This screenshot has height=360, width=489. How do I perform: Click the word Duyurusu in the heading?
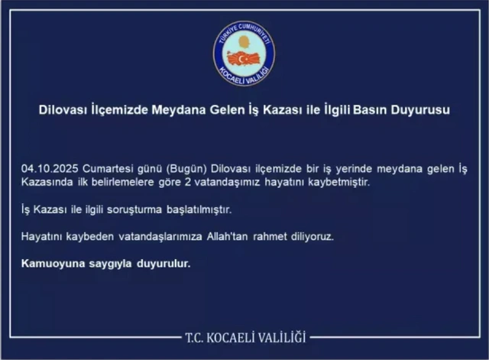(419, 110)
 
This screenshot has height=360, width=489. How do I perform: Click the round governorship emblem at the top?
(244, 53)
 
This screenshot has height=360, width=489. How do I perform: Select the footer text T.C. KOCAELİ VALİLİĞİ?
(245, 337)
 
